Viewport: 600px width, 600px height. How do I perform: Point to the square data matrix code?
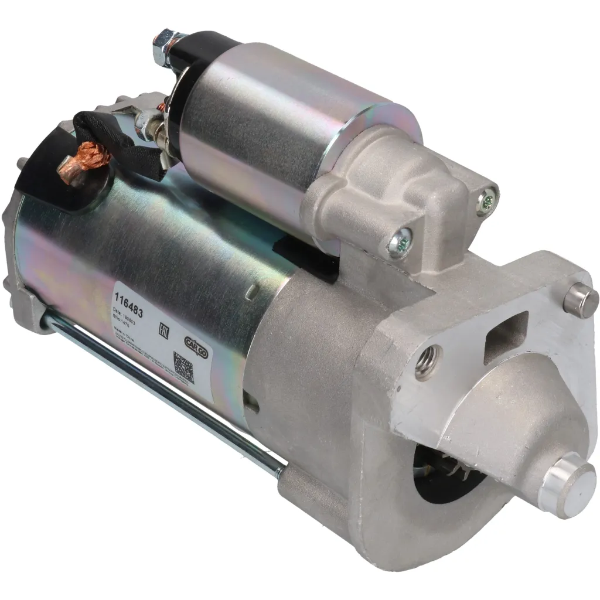tap(183, 367)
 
